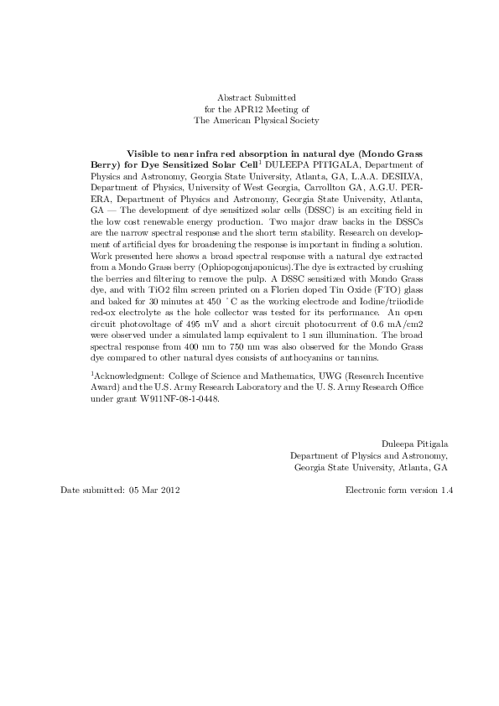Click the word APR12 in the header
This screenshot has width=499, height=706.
click(x=252, y=109)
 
